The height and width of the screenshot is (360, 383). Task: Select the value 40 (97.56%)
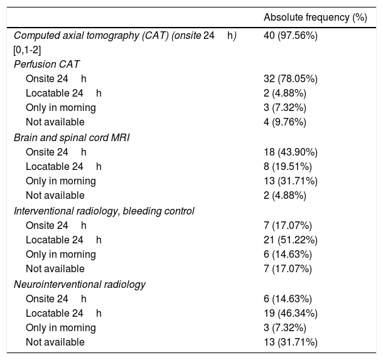(x=290, y=36)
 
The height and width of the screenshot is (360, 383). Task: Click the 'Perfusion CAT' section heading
(x=46, y=64)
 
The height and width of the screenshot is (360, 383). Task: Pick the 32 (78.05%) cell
(x=290, y=78)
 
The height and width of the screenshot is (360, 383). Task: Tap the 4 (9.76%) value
(x=285, y=122)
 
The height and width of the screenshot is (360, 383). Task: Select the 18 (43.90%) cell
(x=290, y=152)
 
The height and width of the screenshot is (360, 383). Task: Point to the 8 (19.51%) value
(x=288, y=166)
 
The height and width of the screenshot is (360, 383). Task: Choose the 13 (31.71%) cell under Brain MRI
(x=290, y=181)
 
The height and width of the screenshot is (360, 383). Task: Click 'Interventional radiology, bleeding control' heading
(x=104, y=211)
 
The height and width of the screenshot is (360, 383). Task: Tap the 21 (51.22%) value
(x=290, y=240)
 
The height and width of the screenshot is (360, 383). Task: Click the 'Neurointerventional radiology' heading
(x=79, y=284)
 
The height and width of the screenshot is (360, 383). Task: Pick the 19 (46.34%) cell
(x=290, y=313)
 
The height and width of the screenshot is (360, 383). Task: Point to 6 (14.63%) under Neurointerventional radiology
(x=288, y=299)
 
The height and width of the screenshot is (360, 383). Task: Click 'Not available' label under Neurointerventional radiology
(x=55, y=342)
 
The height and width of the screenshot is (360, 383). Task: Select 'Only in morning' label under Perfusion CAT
(x=60, y=108)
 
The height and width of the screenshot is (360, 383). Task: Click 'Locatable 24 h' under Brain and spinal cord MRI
(x=63, y=166)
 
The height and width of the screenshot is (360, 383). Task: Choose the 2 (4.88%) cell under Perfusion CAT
(x=285, y=93)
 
